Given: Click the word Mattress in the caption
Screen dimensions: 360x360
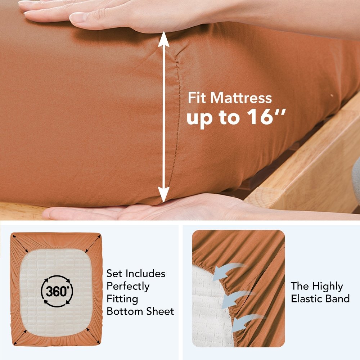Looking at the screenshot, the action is (241, 98).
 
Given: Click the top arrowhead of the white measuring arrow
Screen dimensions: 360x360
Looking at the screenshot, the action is (163, 39).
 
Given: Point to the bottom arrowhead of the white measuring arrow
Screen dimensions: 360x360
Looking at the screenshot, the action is (164, 194).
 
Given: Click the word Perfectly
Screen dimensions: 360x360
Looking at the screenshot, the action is (128, 287).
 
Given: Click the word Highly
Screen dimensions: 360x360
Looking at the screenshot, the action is (328, 287).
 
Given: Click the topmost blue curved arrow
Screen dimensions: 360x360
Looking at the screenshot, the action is (227, 271).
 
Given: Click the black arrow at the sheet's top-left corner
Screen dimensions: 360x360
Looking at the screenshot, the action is (21, 244).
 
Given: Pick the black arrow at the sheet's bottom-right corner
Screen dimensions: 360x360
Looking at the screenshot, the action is (93, 336).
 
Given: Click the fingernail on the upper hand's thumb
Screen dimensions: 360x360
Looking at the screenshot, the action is (77, 17).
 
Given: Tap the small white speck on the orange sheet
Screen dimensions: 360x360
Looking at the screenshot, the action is (332, 95).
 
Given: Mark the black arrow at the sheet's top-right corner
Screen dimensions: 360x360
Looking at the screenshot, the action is (93, 244).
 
